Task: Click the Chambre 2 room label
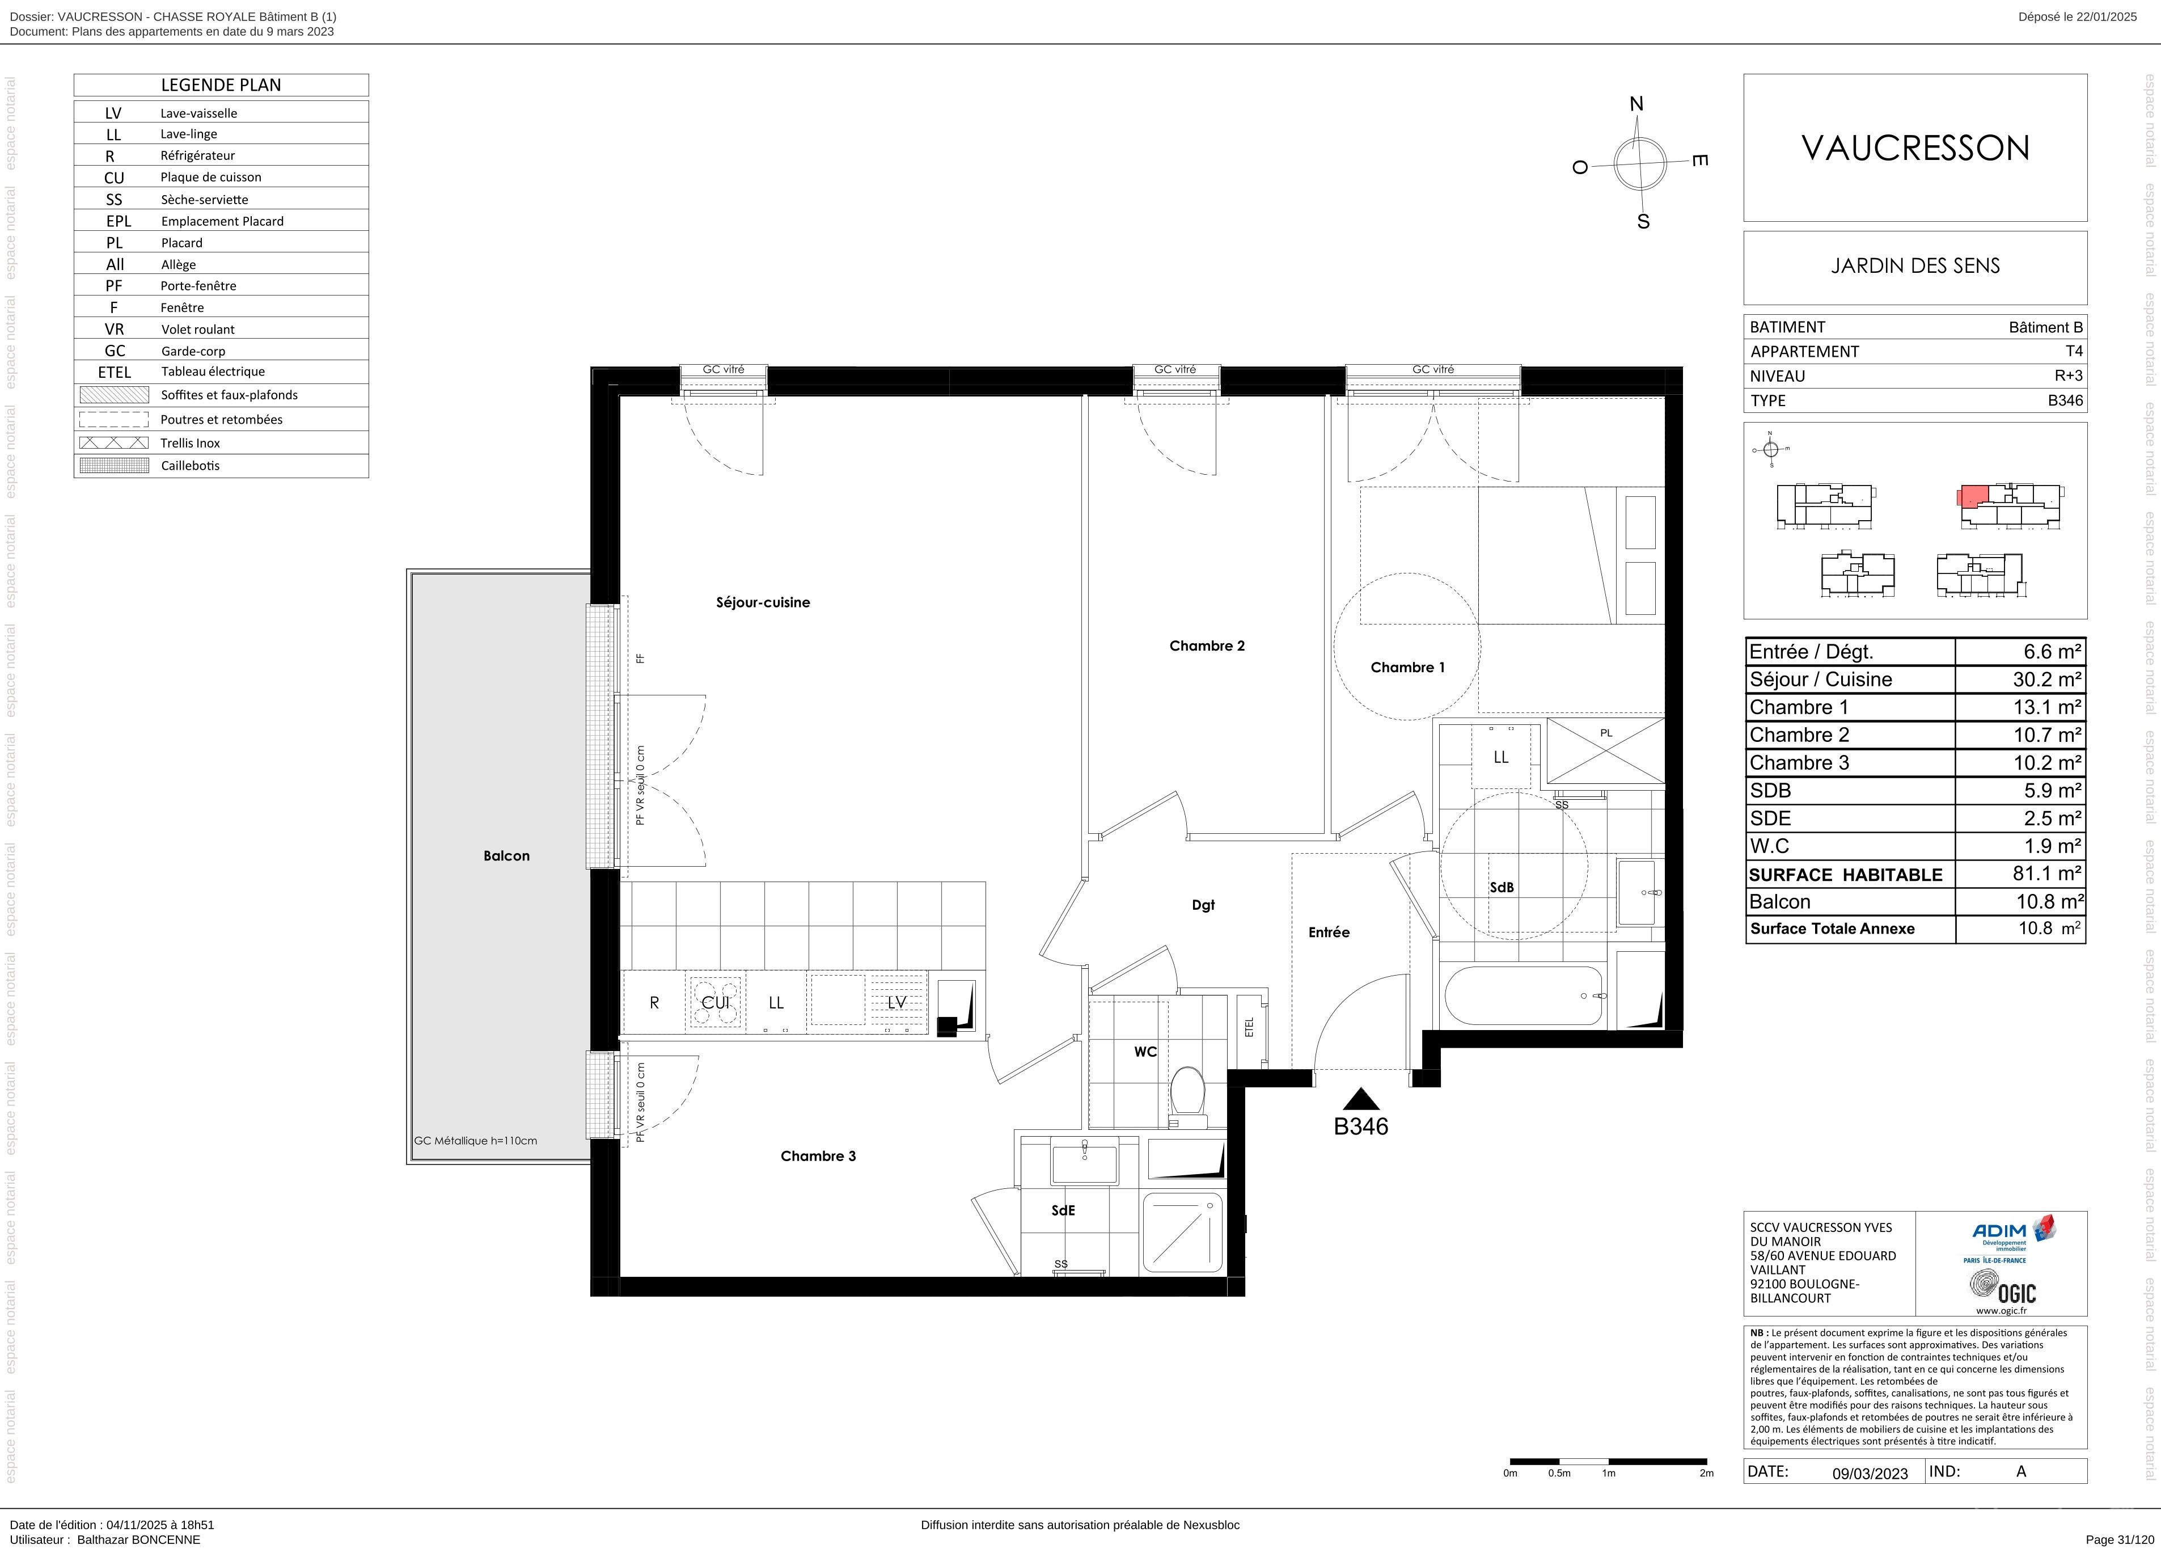click(1206, 646)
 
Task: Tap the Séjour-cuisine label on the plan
click(762, 602)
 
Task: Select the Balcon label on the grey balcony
click(506, 856)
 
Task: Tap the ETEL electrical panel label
click(1249, 1027)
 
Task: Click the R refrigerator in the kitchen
click(654, 1002)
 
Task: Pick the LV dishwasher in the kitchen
click(896, 1002)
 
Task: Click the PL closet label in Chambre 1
click(1606, 733)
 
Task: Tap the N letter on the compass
click(1637, 104)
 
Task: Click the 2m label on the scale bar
click(1706, 1473)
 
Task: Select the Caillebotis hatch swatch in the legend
click(115, 466)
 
